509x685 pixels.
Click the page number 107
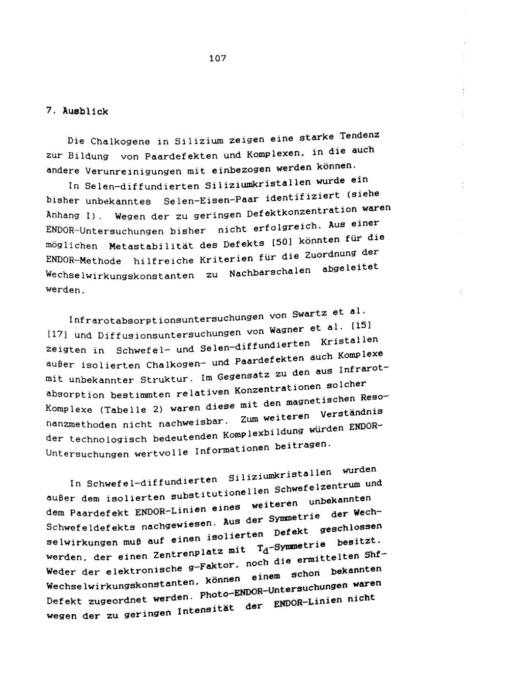point(217,59)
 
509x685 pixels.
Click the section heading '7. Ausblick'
point(77,111)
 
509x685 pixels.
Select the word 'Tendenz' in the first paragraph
point(361,136)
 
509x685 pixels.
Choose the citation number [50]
point(279,242)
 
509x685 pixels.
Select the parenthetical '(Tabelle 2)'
point(131,409)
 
